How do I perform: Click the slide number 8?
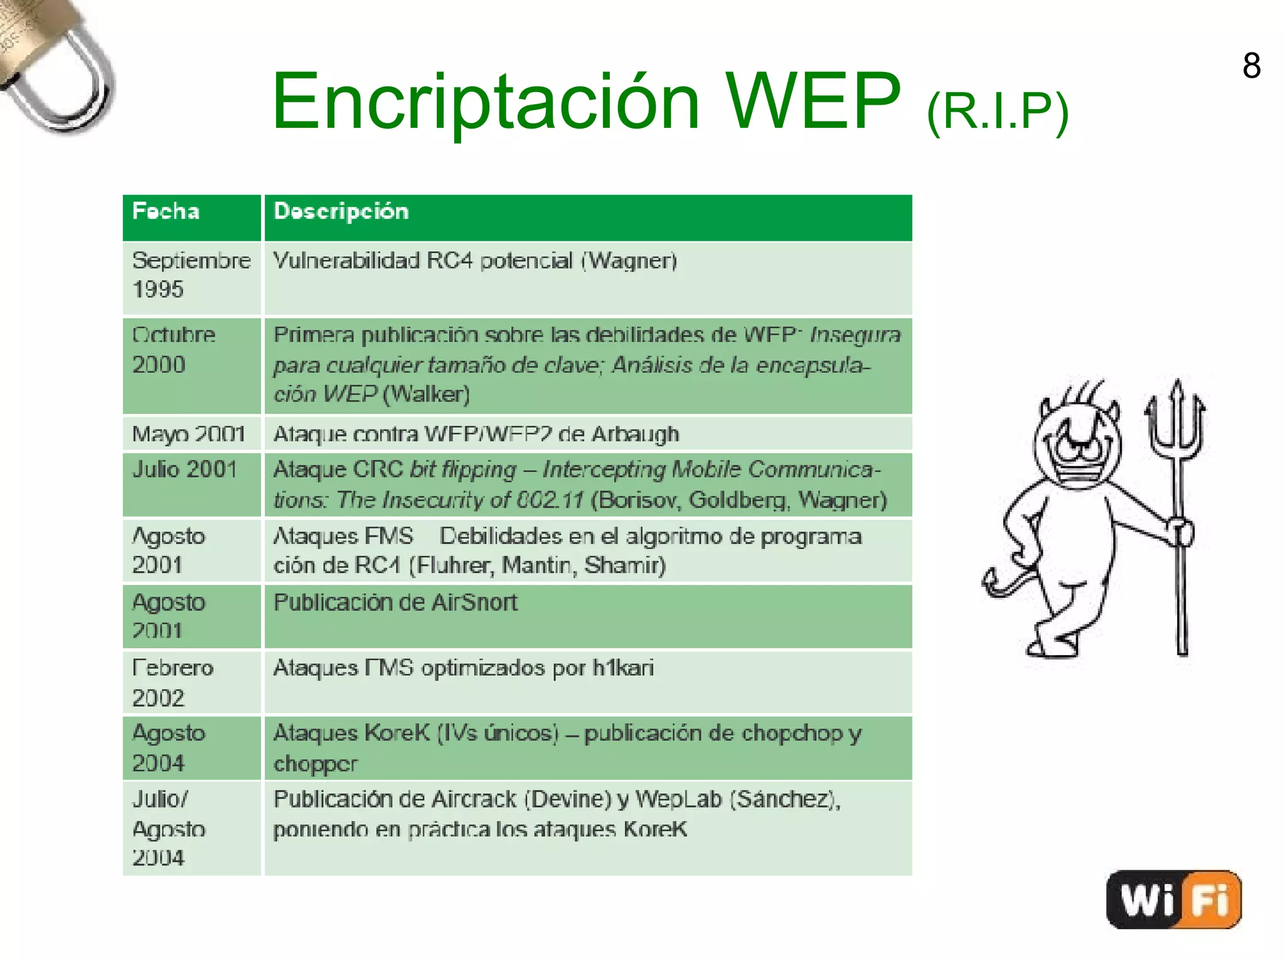click(x=1251, y=66)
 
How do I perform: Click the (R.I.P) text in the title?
click(x=998, y=112)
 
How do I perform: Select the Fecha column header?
click(x=166, y=212)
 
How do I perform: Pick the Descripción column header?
click(x=341, y=212)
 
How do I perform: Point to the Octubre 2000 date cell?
click(x=174, y=350)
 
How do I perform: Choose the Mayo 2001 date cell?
click(x=188, y=434)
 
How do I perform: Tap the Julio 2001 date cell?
click(x=184, y=470)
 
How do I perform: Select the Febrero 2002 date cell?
click(x=173, y=682)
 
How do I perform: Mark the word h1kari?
click(x=623, y=668)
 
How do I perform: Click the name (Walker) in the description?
click(x=426, y=394)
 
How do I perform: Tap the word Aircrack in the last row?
click(x=474, y=799)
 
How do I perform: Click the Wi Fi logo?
click(x=1173, y=900)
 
